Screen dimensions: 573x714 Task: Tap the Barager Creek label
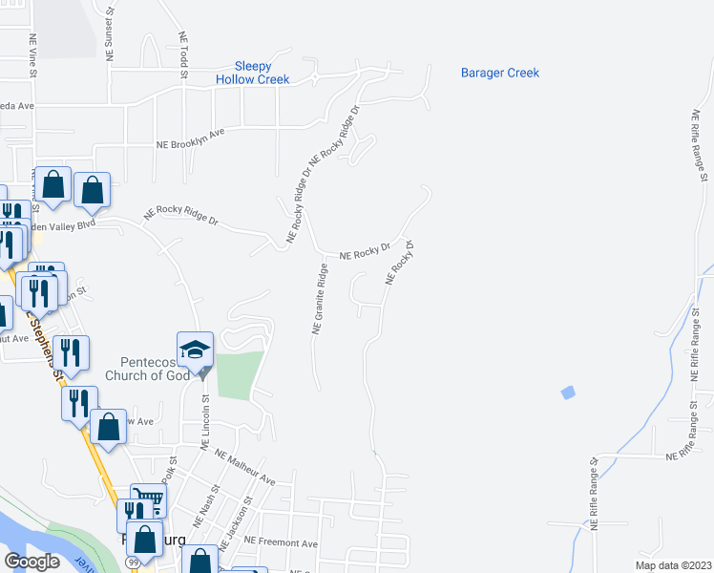499,73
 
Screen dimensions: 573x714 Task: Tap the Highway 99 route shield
128,563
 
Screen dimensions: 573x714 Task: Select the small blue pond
569,392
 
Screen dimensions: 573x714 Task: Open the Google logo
31,562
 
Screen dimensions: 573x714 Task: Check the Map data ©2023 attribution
672,565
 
